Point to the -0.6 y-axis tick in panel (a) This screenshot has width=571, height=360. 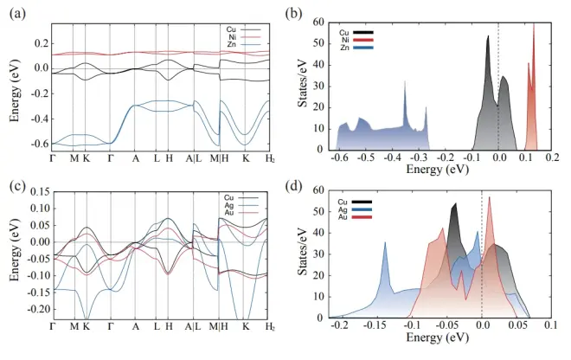(x=35, y=144)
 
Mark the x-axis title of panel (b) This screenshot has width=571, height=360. (x=440, y=170)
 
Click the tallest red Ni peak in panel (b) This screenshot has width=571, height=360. (x=533, y=25)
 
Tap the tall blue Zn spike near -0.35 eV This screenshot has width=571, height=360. (x=405, y=82)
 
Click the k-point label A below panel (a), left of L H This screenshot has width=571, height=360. (x=135, y=158)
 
